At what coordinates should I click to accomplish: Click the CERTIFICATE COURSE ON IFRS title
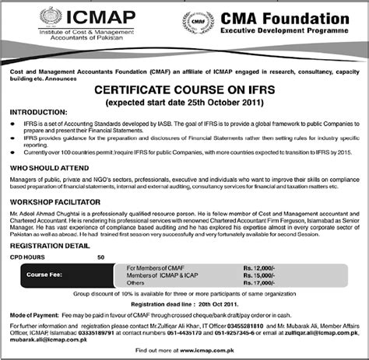[185, 90]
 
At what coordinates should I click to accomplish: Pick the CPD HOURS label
[27, 256]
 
